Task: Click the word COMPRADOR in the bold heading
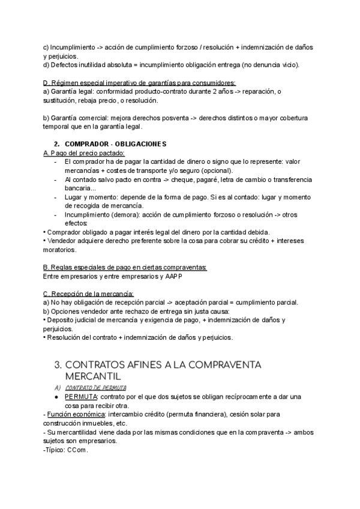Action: click(88, 145)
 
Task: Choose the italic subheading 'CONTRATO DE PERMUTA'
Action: click(100, 388)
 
